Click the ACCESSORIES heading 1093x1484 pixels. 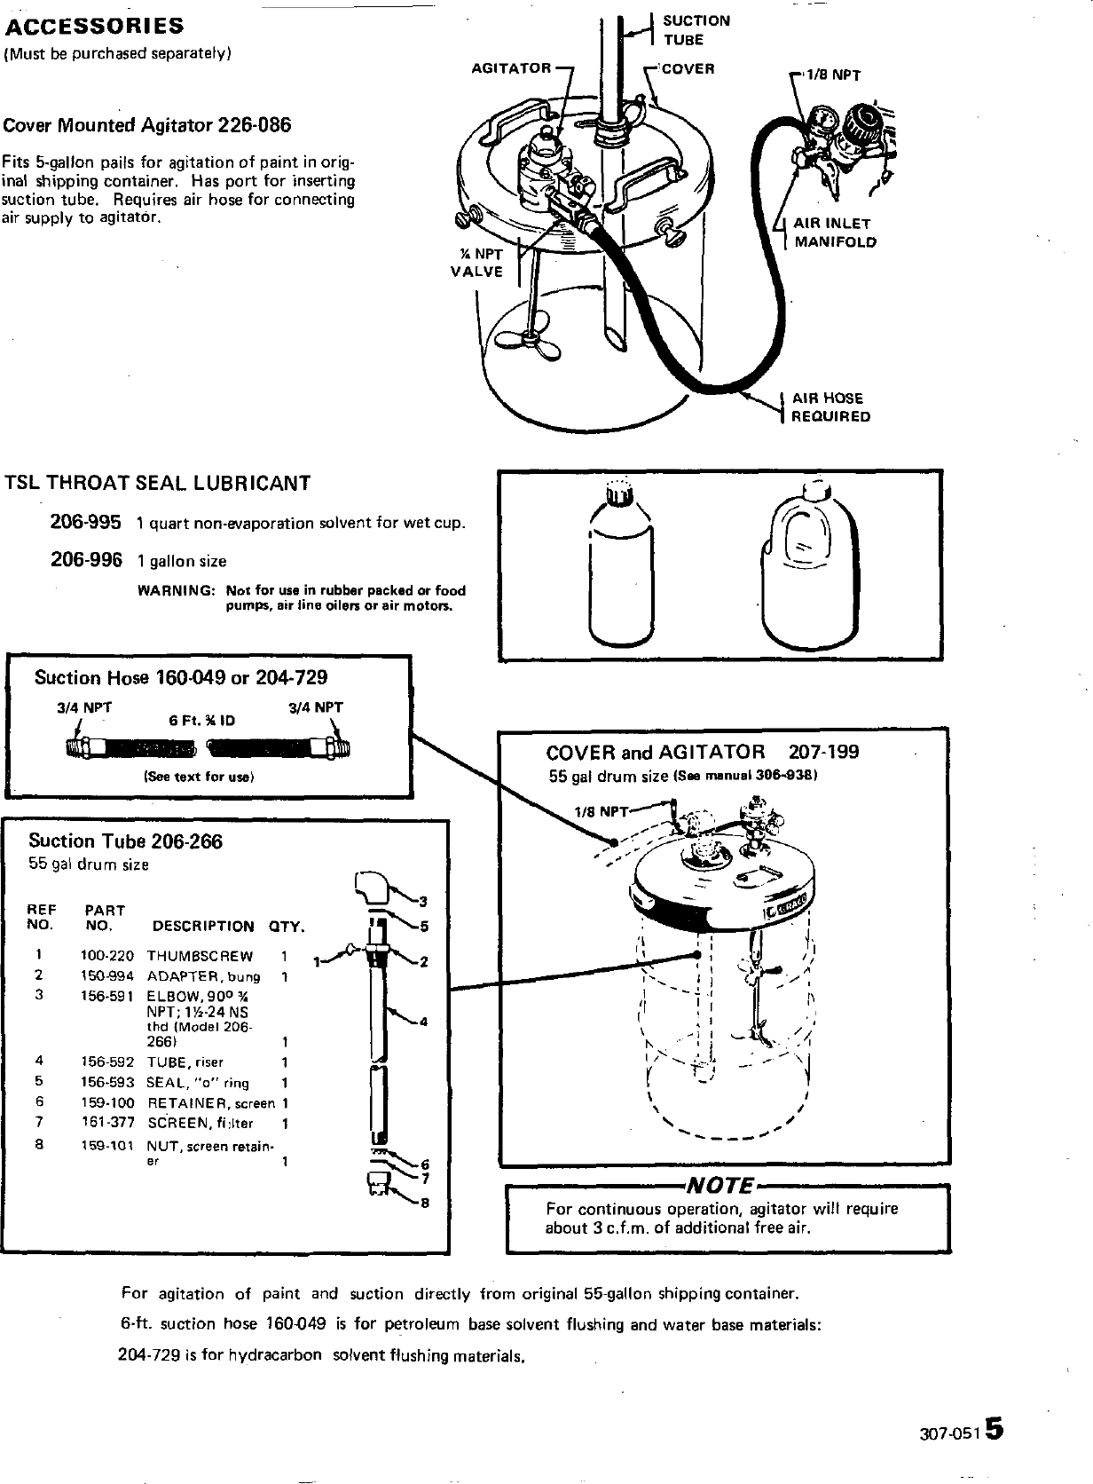click(x=93, y=25)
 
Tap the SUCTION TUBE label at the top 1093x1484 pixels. click(x=696, y=29)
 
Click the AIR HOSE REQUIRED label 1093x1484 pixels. click(x=830, y=407)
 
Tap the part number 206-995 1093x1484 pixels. click(x=85, y=522)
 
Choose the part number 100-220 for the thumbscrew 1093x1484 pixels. click(x=107, y=956)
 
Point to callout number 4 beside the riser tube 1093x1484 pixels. click(x=423, y=1022)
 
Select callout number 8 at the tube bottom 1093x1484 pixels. click(x=424, y=1204)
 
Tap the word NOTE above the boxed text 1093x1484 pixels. click(x=720, y=1187)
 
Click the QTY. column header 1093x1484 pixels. click(x=286, y=927)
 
